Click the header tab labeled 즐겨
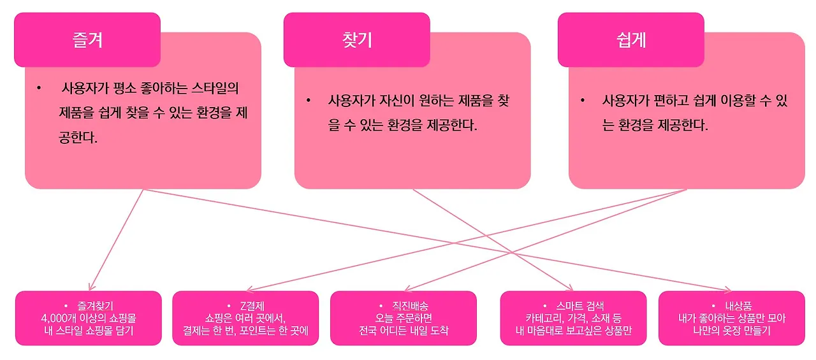click(87, 40)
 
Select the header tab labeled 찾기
click(357, 40)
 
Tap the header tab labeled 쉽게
click(631, 40)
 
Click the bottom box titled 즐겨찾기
click(89, 318)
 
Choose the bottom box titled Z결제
click(245, 318)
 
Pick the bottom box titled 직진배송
click(404, 318)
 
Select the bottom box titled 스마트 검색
click(573, 318)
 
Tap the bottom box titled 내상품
click(731, 318)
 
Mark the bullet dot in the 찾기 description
click(308, 101)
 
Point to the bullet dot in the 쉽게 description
click(582, 101)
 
